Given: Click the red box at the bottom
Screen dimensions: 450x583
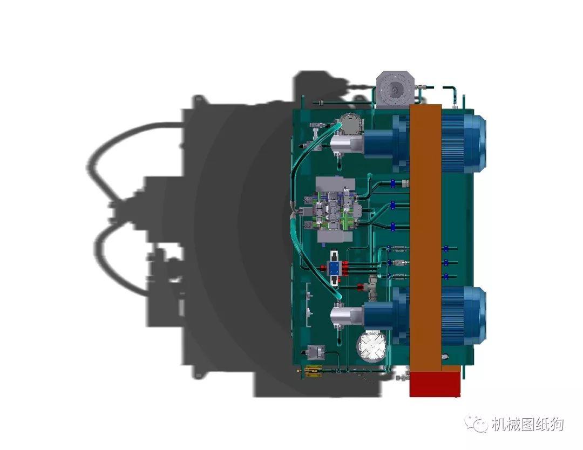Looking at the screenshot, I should (435, 383).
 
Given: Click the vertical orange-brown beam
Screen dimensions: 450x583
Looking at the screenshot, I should (426, 237).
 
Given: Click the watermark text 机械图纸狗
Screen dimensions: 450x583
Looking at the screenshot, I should (527, 425).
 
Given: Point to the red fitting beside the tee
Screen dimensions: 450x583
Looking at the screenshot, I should (360, 287).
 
